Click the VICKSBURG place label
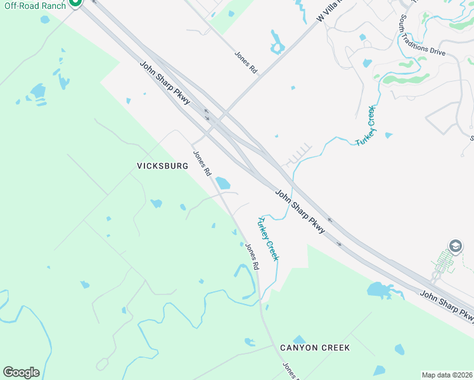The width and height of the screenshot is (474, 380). (x=163, y=166)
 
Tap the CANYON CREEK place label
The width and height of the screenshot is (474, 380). (x=315, y=348)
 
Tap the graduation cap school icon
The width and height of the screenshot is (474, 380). (x=455, y=246)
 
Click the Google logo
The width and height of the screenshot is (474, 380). (x=21, y=372)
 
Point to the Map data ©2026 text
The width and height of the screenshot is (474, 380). (x=447, y=375)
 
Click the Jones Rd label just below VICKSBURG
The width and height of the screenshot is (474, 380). (x=203, y=163)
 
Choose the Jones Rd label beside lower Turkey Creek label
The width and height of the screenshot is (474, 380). (x=253, y=257)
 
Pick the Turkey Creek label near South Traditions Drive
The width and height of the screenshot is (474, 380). (x=366, y=126)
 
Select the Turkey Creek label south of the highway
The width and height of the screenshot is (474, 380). (x=267, y=239)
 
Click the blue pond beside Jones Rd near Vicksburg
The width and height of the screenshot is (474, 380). (x=222, y=183)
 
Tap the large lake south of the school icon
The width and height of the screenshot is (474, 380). (x=381, y=291)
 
